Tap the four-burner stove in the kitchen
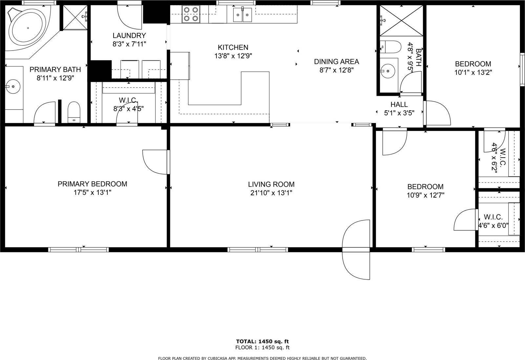pyautogui.click(x=191, y=14)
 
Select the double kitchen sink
pyautogui.click(x=242, y=15)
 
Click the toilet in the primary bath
pyautogui.click(x=74, y=112)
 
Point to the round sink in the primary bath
pyautogui.click(x=13, y=87)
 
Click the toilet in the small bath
pyautogui.click(x=390, y=47)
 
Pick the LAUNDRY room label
pyautogui.click(x=129, y=35)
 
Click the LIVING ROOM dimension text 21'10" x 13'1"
pyautogui.click(x=271, y=193)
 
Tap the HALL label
pyautogui.click(x=399, y=105)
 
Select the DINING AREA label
pyautogui.click(x=336, y=62)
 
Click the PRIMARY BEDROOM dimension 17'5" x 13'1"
pyautogui.click(x=93, y=193)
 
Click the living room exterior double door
pyautogui.click(x=356, y=249)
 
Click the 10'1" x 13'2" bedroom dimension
pyautogui.click(x=473, y=73)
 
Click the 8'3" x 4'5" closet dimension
pyautogui.click(x=128, y=109)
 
